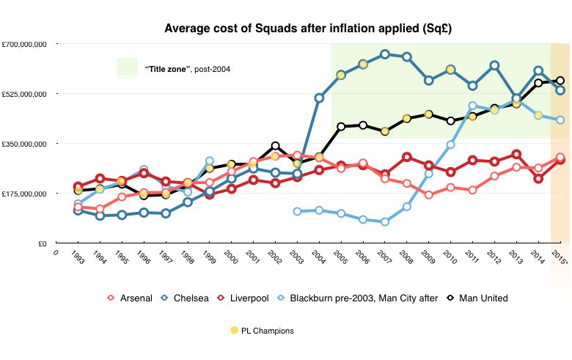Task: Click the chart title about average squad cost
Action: pos(308,29)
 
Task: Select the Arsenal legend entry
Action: pos(130,298)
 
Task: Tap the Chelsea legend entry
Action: pos(185,298)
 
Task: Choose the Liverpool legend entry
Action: pos(243,298)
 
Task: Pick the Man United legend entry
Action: pos(477,298)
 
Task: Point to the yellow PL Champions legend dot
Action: pos(234,330)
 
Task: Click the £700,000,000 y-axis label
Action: pos(24,44)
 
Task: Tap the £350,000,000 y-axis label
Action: pos(24,144)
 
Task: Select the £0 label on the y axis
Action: pos(43,243)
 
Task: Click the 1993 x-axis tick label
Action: pos(78,257)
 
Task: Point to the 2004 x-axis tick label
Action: pos(318,257)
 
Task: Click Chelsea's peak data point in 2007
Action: pos(385,54)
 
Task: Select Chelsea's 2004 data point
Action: pos(319,98)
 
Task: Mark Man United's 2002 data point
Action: pos(276,146)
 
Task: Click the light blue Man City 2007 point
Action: pos(385,221)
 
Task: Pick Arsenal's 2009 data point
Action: pos(429,195)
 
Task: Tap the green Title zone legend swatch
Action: pos(127,67)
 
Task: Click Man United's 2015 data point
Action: pos(560,81)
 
